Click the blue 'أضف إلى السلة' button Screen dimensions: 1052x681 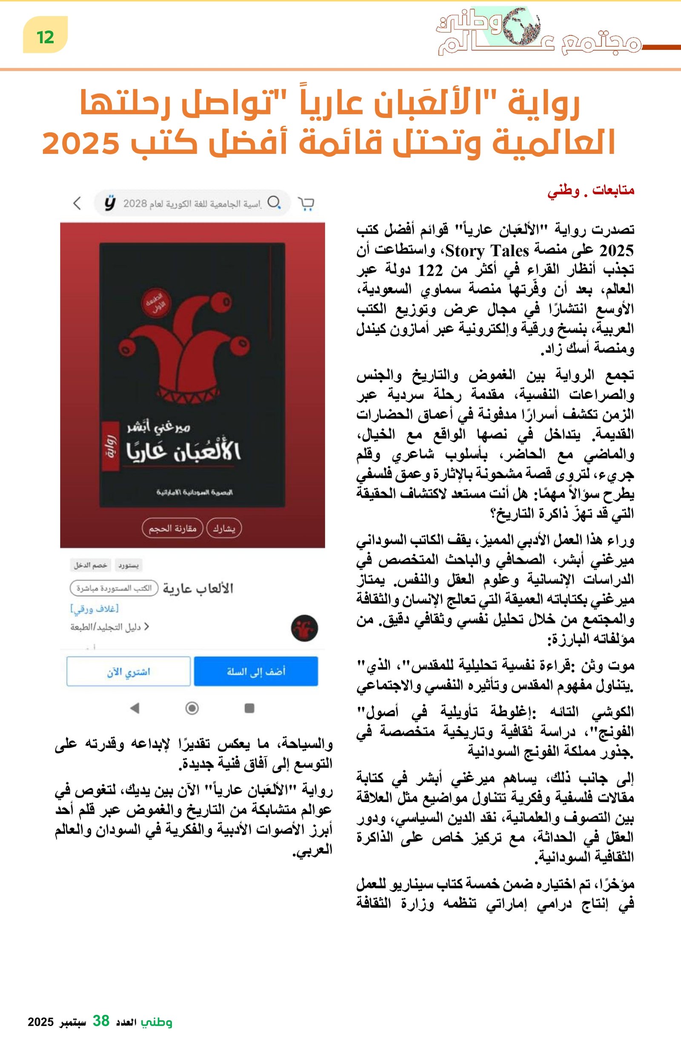coord(256,671)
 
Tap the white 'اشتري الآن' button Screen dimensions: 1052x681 coord(129,671)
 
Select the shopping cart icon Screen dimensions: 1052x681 coord(306,204)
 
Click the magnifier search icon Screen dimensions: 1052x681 coord(274,203)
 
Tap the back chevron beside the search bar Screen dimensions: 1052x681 coord(77,204)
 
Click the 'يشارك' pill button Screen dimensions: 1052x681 coord(224,528)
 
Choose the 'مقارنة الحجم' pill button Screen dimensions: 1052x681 coord(172,528)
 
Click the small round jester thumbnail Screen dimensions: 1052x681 coord(304,628)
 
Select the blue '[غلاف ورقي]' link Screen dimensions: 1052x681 coord(94,609)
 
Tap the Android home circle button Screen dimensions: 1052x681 coord(192,708)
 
